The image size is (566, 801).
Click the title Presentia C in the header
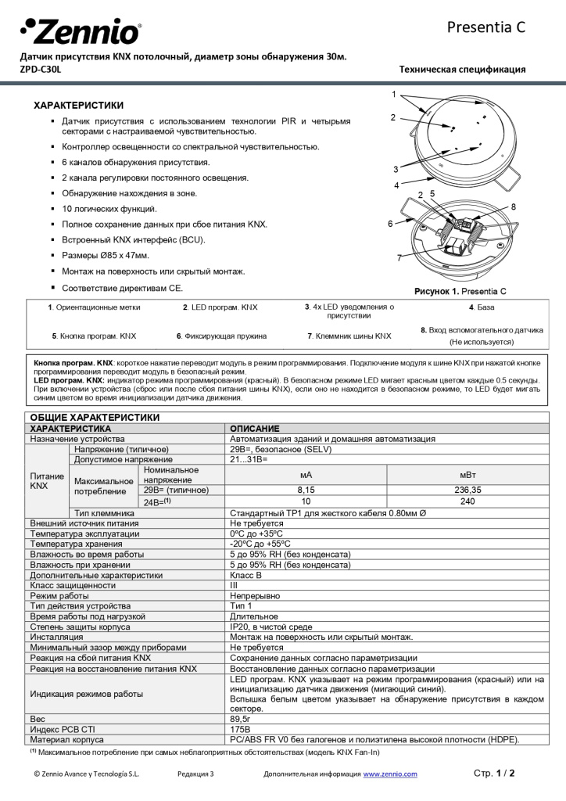point(485,27)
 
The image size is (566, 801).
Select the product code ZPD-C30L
point(39,69)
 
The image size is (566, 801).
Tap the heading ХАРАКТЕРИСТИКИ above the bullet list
point(78,105)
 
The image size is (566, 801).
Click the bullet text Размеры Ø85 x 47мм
point(106,256)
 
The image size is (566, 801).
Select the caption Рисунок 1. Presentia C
point(460,291)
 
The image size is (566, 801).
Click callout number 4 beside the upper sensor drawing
point(396,185)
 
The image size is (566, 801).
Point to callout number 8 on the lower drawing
point(513,207)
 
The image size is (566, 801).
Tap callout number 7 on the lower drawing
point(399,257)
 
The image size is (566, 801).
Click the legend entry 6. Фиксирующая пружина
point(221,336)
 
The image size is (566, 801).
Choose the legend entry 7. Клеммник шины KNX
point(349,336)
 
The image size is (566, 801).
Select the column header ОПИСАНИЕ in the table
point(255,429)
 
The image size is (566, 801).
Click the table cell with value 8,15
point(306,490)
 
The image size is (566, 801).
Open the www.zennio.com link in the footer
point(389,774)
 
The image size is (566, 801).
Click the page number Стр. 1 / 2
point(494,773)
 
